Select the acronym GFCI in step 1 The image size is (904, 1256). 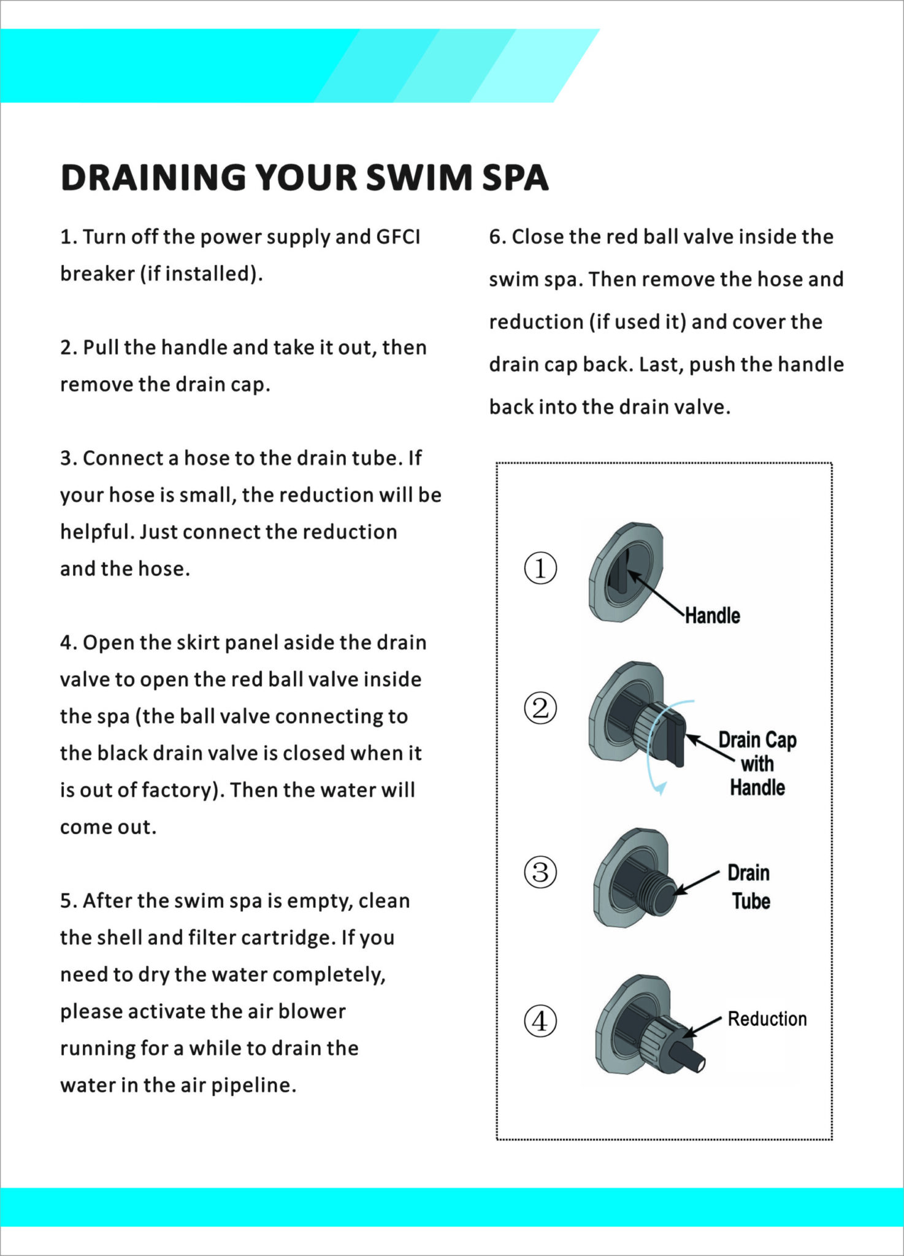click(398, 237)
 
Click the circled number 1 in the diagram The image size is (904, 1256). click(540, 568)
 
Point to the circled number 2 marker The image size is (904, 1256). click(540, 708)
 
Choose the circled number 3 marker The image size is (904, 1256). click(540, 871)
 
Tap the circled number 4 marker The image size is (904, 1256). click(540, 1021)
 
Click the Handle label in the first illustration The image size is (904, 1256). click(712, 615)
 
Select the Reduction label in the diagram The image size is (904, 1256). click(767, 1019)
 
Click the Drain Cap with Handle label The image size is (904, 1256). click(757, 764)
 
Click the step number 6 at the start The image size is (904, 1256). click(495, 237)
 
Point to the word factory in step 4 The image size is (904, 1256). click(182, 790)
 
